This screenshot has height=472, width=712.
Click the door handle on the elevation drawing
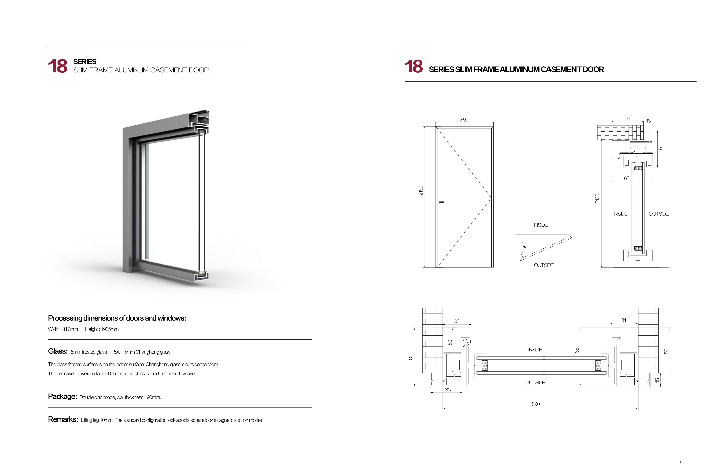pyautogui.click(x=440, y=202)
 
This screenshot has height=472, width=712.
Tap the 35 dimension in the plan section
pyautogui.click(x=448, y=390)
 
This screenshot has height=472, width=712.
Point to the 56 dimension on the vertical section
pyautogui.click(x=660, y=149)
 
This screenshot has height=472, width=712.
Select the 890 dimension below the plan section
pyautogui.click(x=536, y=404)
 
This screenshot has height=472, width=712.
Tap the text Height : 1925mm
pyautogui.click(x=102, y=329)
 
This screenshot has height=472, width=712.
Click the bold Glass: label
pyautogui.click(x=58, y=351)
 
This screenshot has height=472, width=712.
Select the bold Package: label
pyautogui.click(x=62, y=396)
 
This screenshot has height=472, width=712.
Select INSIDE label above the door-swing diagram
pyautogui.click(x=540, y=225)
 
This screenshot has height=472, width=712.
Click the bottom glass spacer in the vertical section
pyautogui.click(x=638, y=248)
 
